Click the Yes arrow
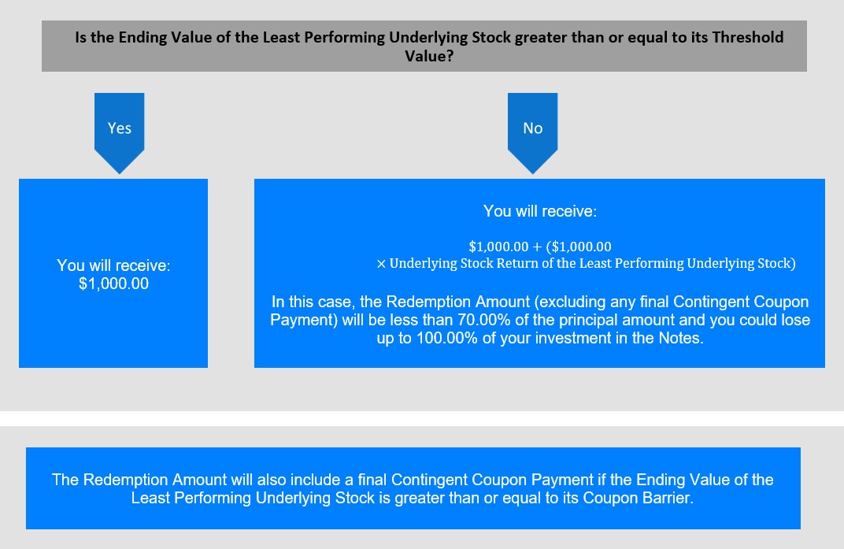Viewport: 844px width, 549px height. pos(119,132)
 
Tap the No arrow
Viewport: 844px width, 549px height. pos(532,132)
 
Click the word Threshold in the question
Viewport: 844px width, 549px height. pos(748,37)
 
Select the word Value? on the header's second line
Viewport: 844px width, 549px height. pos(429,55)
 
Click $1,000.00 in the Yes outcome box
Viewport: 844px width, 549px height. pos(113,284)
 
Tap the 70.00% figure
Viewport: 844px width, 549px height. pos(483,320)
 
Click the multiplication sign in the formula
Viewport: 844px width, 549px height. pos(381,264)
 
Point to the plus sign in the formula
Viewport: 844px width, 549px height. pos(537,247)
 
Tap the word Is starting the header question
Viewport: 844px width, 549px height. pos(81,37)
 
